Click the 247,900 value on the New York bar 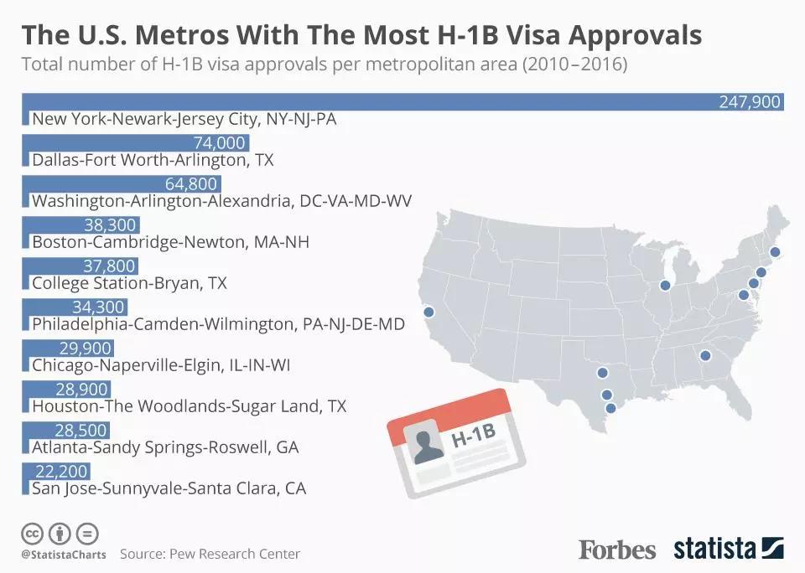tap(750, 102)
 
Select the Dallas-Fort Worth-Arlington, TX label tap(153, 159)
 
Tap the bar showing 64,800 tap(121, 184)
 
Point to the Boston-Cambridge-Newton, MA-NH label tap(170, 241)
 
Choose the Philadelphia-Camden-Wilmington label tap(218, 323)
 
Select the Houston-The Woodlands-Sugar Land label tap(189, 405)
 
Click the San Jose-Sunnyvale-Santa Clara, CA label tap(169, 488)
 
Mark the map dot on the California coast tap(429, 312)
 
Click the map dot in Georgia tap(705, 354)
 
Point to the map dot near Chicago tap(665, 285)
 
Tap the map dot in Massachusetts tap(775, 251)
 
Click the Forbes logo tap(617, 550)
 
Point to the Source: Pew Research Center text tap(210, 554)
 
